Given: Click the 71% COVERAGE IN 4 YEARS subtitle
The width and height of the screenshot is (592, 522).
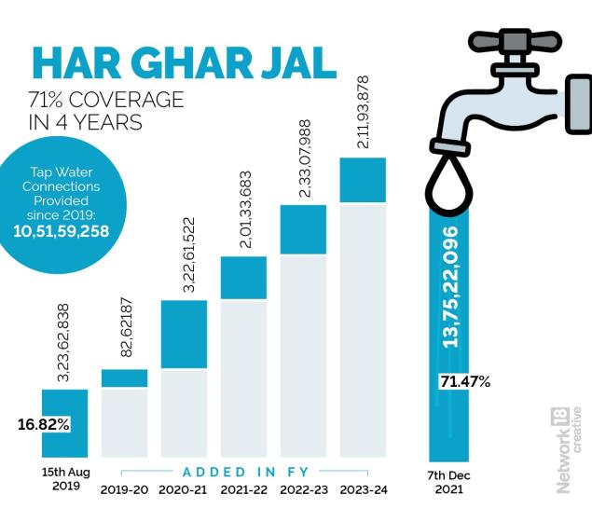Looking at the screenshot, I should pyautogui.click(x=106, y=111).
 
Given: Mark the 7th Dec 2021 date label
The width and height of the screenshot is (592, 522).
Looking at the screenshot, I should pyautogui.click(x=450, y=482).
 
